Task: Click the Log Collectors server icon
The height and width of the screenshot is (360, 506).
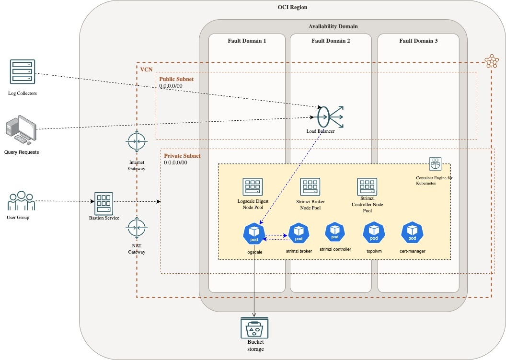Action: coord(22,71)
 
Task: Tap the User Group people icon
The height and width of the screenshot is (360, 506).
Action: coord(22,201)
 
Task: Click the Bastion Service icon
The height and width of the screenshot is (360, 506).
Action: coord(103,204)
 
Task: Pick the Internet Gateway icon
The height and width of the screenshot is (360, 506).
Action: coord(137,142)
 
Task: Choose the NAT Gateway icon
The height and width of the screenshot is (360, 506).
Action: coord(137,229)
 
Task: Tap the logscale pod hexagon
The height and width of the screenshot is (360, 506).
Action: coord(254,234)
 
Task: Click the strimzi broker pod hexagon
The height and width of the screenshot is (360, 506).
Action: coord(299,234)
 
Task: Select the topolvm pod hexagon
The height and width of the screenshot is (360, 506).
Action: coord(373,232)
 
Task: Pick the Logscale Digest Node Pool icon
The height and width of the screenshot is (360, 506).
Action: coord(252,187)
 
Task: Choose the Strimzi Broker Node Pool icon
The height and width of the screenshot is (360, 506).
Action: coord(310,187)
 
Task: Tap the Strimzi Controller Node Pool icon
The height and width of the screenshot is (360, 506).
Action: coord(367,186)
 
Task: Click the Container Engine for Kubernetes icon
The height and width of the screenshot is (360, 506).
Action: coord(435,164)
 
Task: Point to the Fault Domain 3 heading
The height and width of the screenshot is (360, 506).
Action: coord(418,41)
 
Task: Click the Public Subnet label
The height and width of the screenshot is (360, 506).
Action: coord(176,79)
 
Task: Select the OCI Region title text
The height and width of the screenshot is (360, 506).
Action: coord(292,7)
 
